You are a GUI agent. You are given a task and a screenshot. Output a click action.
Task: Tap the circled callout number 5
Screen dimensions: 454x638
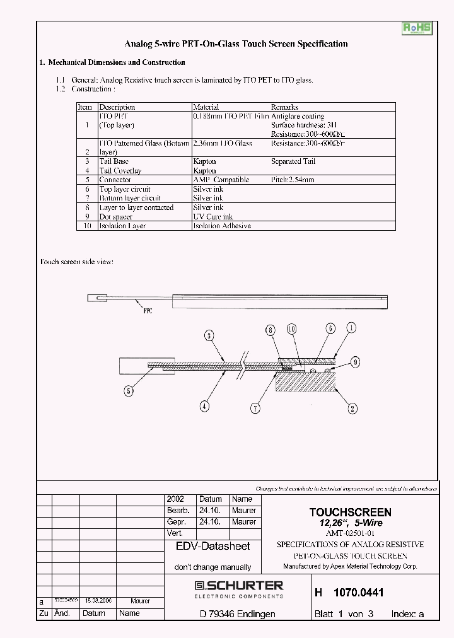point(129,391)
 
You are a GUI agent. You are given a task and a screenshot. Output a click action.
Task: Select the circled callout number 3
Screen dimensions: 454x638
point(209,336)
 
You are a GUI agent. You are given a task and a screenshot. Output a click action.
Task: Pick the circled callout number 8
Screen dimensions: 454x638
point(271,329)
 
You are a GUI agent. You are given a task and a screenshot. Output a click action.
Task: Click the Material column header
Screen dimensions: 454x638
point(206,107)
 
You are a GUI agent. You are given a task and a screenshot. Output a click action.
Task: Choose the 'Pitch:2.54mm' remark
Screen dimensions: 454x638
point(293,180)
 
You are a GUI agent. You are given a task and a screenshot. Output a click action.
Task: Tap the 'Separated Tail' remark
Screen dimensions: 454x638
point(293,161)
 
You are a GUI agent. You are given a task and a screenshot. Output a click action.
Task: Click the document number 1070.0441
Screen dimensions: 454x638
point(358,593)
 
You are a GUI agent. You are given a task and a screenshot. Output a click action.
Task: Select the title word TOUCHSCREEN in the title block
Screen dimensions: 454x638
point(350,513)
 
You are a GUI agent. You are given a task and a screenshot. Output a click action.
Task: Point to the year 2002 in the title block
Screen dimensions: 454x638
point(175,499)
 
